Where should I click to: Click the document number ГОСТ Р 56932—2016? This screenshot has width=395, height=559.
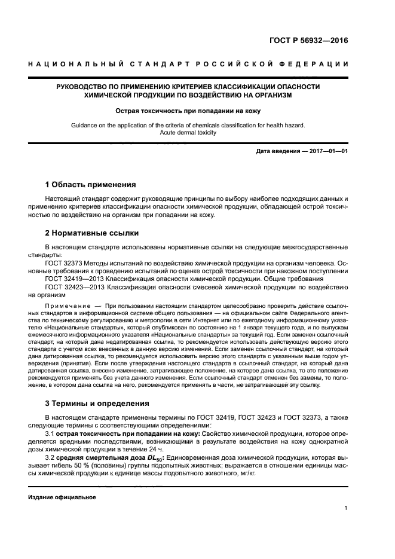point(309,42)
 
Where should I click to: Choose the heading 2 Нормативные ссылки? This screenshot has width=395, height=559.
point(92,233)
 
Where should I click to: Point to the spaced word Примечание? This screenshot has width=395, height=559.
point(65,305)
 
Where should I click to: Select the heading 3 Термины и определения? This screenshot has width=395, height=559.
point(97,404)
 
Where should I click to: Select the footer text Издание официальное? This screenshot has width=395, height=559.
point(62,497)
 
